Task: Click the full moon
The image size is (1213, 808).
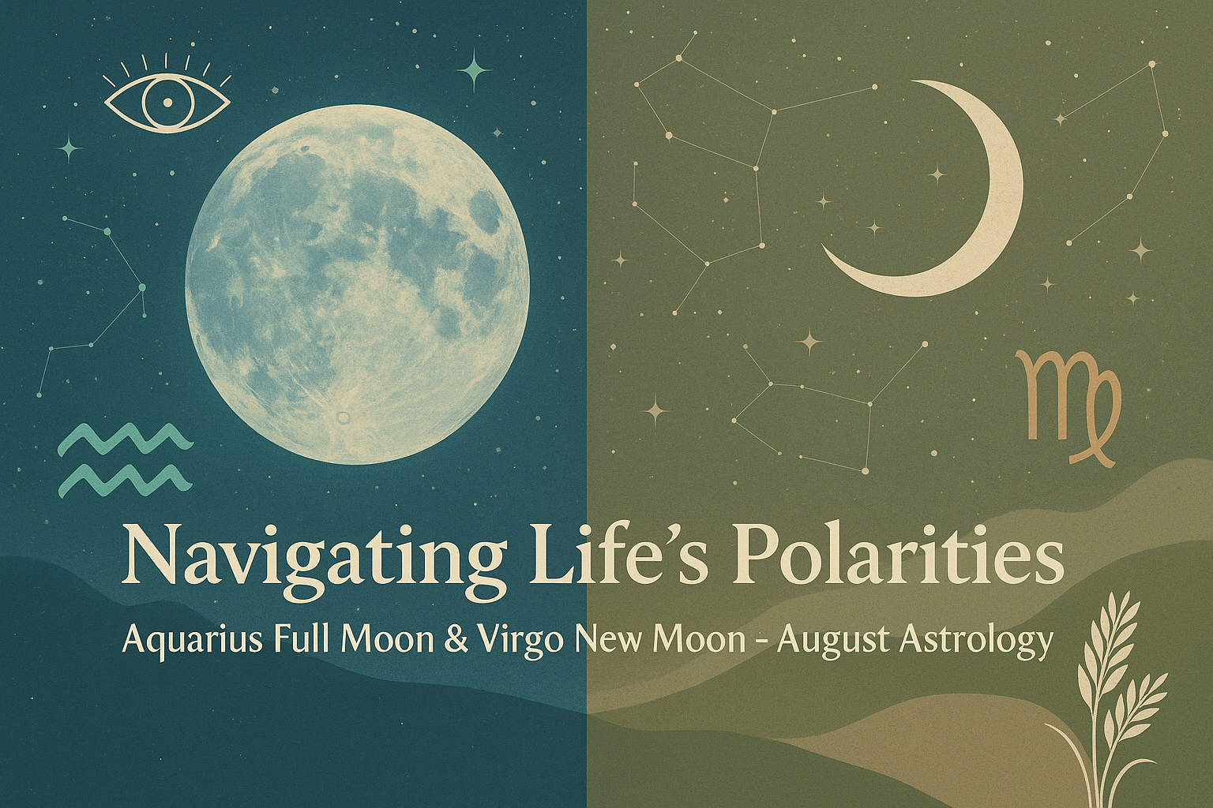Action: point(358,292)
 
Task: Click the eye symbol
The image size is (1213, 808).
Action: point(167,96)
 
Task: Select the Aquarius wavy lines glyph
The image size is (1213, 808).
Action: point(126,461)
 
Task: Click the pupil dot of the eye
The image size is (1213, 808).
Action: point(167,102)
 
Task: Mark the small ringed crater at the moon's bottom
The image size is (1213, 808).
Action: point(343,417)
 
